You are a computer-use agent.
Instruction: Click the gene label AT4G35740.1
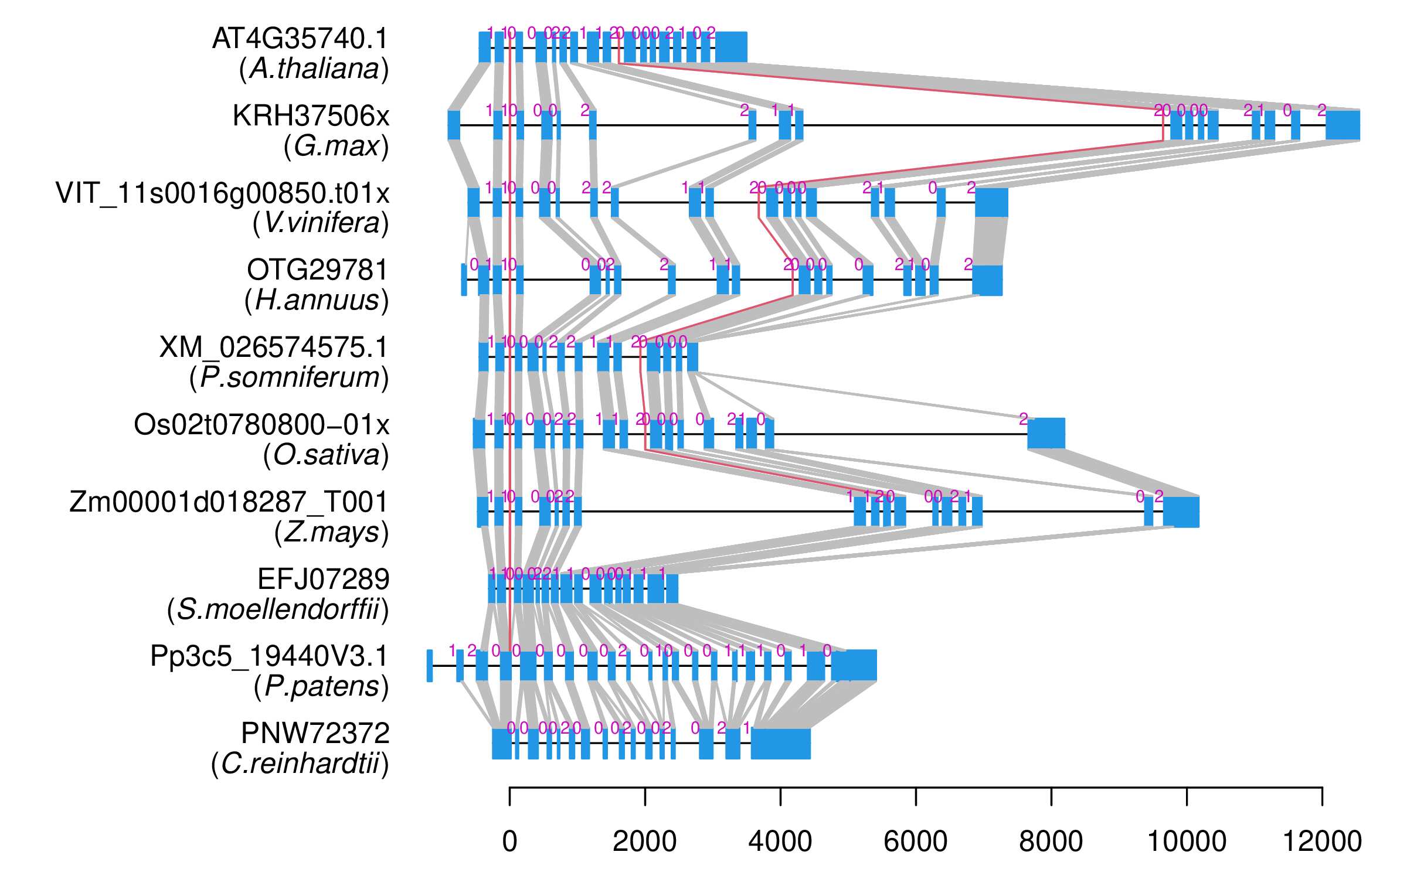pyautogui.click(x=300, y=39)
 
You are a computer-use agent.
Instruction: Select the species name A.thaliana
pyautogui.click(x=314, y=69)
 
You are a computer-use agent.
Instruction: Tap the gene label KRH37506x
pyautogui.click(x=311, y=116)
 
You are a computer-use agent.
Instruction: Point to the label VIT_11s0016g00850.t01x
pyautogui.click(x=222, y=193)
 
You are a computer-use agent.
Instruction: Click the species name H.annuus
pyautogui.click(x=317, y=301)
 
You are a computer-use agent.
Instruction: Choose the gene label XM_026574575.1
pyautogui.click(x=274, y=347)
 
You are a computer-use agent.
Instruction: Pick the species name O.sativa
pyautogui.click(x=326, y=455)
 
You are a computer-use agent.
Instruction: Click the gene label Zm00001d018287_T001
pyautogui.click(x=229, y=502)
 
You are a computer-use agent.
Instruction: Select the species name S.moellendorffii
pyautogui.click(x=278, y=610)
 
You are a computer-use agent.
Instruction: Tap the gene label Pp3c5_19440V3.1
pyautogui.click(x=269, y=656)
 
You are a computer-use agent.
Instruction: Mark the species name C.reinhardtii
pyautogui.click(x=300, y=764)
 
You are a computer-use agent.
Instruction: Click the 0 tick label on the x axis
pyautogui.click(x=509, y=842)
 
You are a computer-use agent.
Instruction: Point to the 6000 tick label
pyautogui.click(x=915, y=842)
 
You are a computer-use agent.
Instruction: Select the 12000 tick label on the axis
pyautogui.click(x=1322, y=842)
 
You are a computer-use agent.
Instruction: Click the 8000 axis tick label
pyautogui.click(x=1051, y=842)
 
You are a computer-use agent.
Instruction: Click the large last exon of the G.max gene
pyautogui.click(x=1343, y=125)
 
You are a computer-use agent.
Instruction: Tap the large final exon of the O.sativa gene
pyautogui.click(x=1046, y=434)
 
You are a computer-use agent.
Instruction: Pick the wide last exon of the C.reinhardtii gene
pyautogui.click(x=780, y=744)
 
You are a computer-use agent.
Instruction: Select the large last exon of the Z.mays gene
pyautogui.click(x=1181, y=512)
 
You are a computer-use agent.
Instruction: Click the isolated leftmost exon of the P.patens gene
pyautogui.click(x=430, y=666)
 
